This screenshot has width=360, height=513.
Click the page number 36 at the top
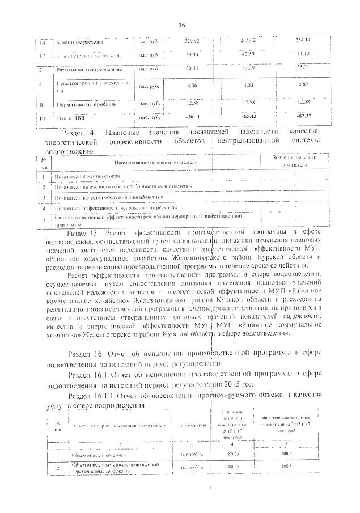181,24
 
